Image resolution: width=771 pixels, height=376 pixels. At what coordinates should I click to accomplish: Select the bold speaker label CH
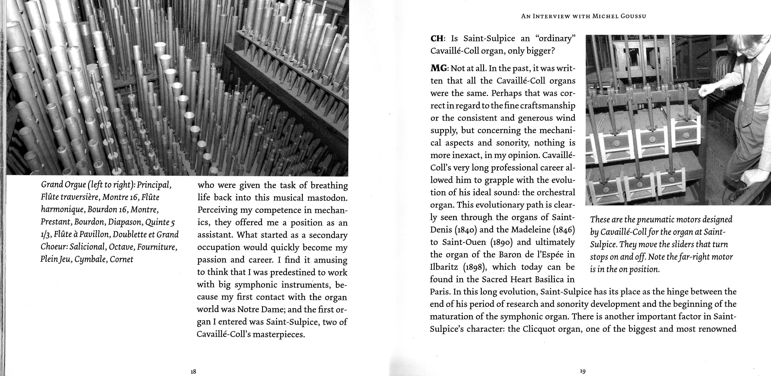(437, 39)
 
